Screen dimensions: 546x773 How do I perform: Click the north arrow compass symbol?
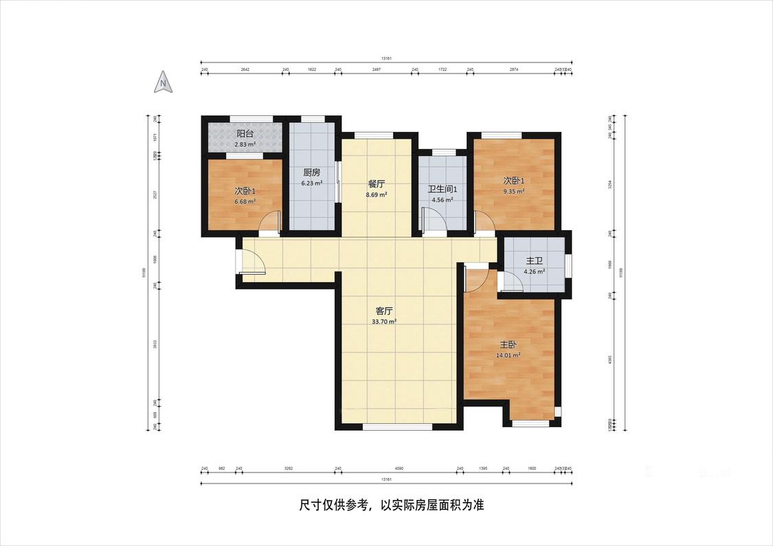click(x=164, y=82)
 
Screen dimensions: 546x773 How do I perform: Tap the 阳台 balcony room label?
click(x=245, y=134)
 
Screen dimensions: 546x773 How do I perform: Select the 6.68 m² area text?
click(x=245, y=201)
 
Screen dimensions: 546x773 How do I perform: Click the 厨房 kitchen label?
click(x=311, y=173)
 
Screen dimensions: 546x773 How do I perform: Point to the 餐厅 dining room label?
click(x=376, y=184)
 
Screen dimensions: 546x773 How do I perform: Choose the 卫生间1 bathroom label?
click(x=442, y=190)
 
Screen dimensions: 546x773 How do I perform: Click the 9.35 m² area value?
click(x=513, y=192)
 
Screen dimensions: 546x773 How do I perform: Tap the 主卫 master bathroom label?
click(x=534, y=261)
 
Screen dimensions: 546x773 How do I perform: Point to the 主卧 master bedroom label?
click(x=508, y=345)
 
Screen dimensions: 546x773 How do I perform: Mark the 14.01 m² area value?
click(x=508, y=355)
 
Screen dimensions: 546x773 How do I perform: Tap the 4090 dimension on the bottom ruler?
click(x=399, y=468)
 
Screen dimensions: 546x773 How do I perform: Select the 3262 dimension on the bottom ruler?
click(x=289, y=468)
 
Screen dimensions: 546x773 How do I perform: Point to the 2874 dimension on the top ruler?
click(x=513, y=70)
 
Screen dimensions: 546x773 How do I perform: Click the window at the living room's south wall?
click(x=398, y=426)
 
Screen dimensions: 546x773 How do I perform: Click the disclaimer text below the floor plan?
click(x=392, y=505)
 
